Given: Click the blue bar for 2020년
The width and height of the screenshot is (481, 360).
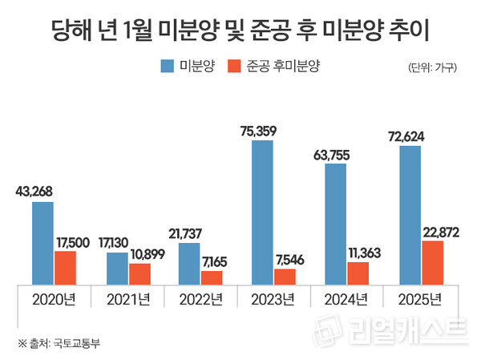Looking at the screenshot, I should coord(42,244).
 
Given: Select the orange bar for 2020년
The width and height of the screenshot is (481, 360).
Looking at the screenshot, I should coord(66,268).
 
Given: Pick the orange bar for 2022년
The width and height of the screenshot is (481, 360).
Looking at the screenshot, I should coord(212,277).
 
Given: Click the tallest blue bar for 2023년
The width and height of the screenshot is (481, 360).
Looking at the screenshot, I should coord(262,212).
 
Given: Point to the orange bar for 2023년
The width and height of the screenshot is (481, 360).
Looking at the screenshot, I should coord(285,277).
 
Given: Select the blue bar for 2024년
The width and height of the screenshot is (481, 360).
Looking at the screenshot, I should coord(335,224).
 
